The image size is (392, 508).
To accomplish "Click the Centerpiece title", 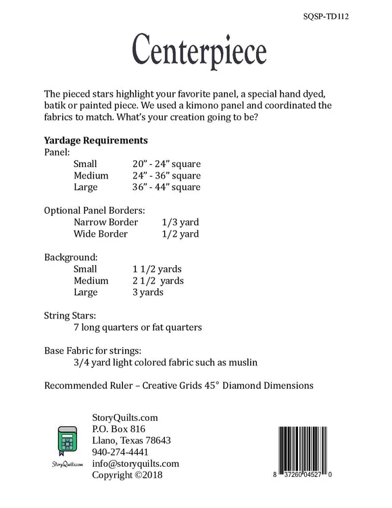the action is [x=199, y=49].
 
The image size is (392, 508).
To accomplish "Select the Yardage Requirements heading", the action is [x=95, y=141].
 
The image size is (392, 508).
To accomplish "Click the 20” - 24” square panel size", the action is [x=167, y=164].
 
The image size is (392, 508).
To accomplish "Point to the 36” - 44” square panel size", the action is [x=167, y=187].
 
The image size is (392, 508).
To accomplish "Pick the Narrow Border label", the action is [x=106, y=222].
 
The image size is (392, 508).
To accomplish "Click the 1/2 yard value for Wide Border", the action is [x=180, y=234].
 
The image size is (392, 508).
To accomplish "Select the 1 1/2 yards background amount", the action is [x=158, y=269].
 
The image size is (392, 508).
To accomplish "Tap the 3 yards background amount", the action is [x=148, y=292].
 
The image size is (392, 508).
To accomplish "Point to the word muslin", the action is [x=241, y=362].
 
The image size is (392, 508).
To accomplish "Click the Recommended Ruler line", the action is [x=178, y=386].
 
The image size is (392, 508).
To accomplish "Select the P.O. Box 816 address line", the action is [x=119, y=429].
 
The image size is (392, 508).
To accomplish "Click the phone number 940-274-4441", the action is [x=121, y=452].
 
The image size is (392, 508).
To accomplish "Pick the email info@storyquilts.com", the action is [x=135, y=463].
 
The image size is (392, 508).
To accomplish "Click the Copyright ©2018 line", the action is [x=127, y=475].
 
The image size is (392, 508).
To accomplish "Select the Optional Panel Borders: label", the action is [x=94, y=210].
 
